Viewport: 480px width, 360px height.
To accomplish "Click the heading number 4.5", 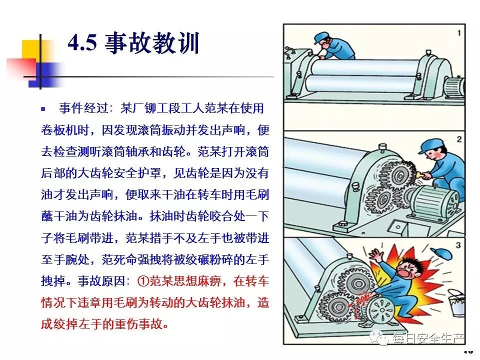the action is pos(82,42).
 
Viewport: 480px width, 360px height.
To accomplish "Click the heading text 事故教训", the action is pos(152,43).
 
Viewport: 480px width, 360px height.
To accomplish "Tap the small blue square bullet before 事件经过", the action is pos(43,108).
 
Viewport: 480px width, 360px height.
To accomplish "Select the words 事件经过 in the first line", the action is pos(83,108).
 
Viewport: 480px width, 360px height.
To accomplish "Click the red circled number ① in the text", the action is pos(143,280).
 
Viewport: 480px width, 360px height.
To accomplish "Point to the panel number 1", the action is pos(459,33).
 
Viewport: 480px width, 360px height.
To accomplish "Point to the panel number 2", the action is pos(459,139).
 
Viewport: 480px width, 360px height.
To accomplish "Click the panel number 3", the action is pos(458,245).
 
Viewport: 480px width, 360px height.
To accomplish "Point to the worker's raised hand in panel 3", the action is pos(376,254).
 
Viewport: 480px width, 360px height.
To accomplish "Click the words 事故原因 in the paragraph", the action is pos(101,281).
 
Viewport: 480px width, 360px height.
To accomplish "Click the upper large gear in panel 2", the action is pos(397,176).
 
